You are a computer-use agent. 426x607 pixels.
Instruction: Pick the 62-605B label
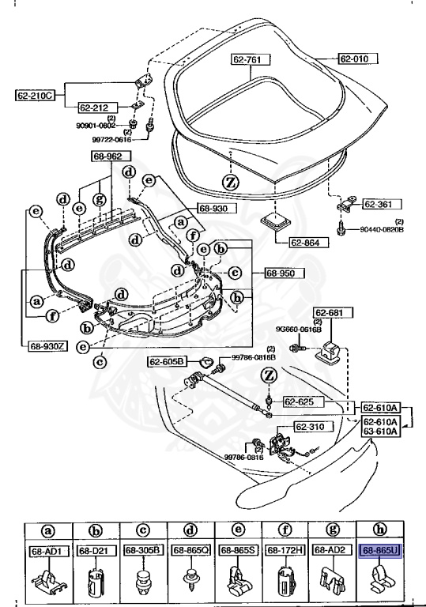point(167,362)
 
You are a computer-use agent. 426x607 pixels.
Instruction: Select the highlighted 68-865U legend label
point(380,550)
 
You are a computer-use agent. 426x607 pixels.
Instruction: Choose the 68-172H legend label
point(283,550)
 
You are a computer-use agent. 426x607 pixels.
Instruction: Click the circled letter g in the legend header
point(331,531)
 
